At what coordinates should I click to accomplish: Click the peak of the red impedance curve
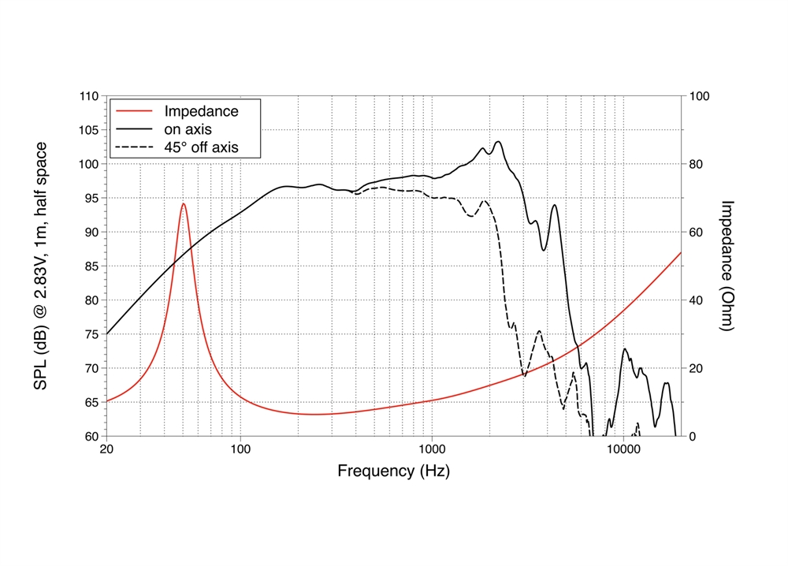(x=184, y=203)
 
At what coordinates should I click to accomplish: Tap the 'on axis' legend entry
(x=188, y=128)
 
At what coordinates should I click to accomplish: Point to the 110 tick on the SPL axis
(x=89, y=96)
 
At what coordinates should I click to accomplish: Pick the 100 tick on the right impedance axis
(x=699, y=96)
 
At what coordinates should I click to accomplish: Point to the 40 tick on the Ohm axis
(x=696, y=300)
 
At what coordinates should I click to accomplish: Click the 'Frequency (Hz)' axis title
(x=394, y=471)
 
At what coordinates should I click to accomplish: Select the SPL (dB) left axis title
(x=41, y=266)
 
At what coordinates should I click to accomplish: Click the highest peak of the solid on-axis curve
(x=498, y=142)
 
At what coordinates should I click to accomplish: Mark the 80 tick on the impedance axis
(x=696, y=164)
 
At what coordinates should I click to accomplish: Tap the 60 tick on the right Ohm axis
(x=696, y=232)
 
